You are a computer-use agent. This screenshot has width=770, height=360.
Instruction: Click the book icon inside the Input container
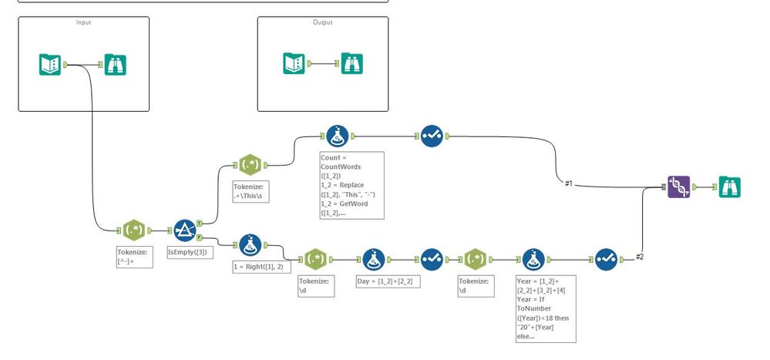50,65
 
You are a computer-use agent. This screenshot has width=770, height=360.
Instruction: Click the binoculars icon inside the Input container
115,65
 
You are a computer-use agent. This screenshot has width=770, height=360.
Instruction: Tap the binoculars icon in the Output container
352,63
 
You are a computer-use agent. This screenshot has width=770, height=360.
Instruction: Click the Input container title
83,22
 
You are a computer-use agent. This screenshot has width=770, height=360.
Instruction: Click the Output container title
322,22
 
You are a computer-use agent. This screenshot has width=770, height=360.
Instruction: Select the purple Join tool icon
678,187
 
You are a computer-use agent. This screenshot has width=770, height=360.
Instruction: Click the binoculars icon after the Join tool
728,187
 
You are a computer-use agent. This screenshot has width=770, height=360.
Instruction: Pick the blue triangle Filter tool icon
185,230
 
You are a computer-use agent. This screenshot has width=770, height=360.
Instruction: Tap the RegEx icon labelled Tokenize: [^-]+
134,230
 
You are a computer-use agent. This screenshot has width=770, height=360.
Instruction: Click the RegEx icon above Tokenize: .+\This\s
250,164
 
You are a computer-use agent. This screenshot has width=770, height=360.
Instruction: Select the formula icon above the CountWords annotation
337,136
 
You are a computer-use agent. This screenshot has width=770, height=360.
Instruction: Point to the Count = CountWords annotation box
351,185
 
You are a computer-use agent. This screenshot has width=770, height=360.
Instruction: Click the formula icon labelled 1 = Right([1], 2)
250,245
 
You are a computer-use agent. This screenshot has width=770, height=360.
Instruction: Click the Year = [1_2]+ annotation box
545,308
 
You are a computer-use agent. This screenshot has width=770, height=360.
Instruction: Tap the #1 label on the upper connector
569,183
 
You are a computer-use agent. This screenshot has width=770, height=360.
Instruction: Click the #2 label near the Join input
638,257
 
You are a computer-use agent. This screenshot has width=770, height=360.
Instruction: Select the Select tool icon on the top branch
431,136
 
